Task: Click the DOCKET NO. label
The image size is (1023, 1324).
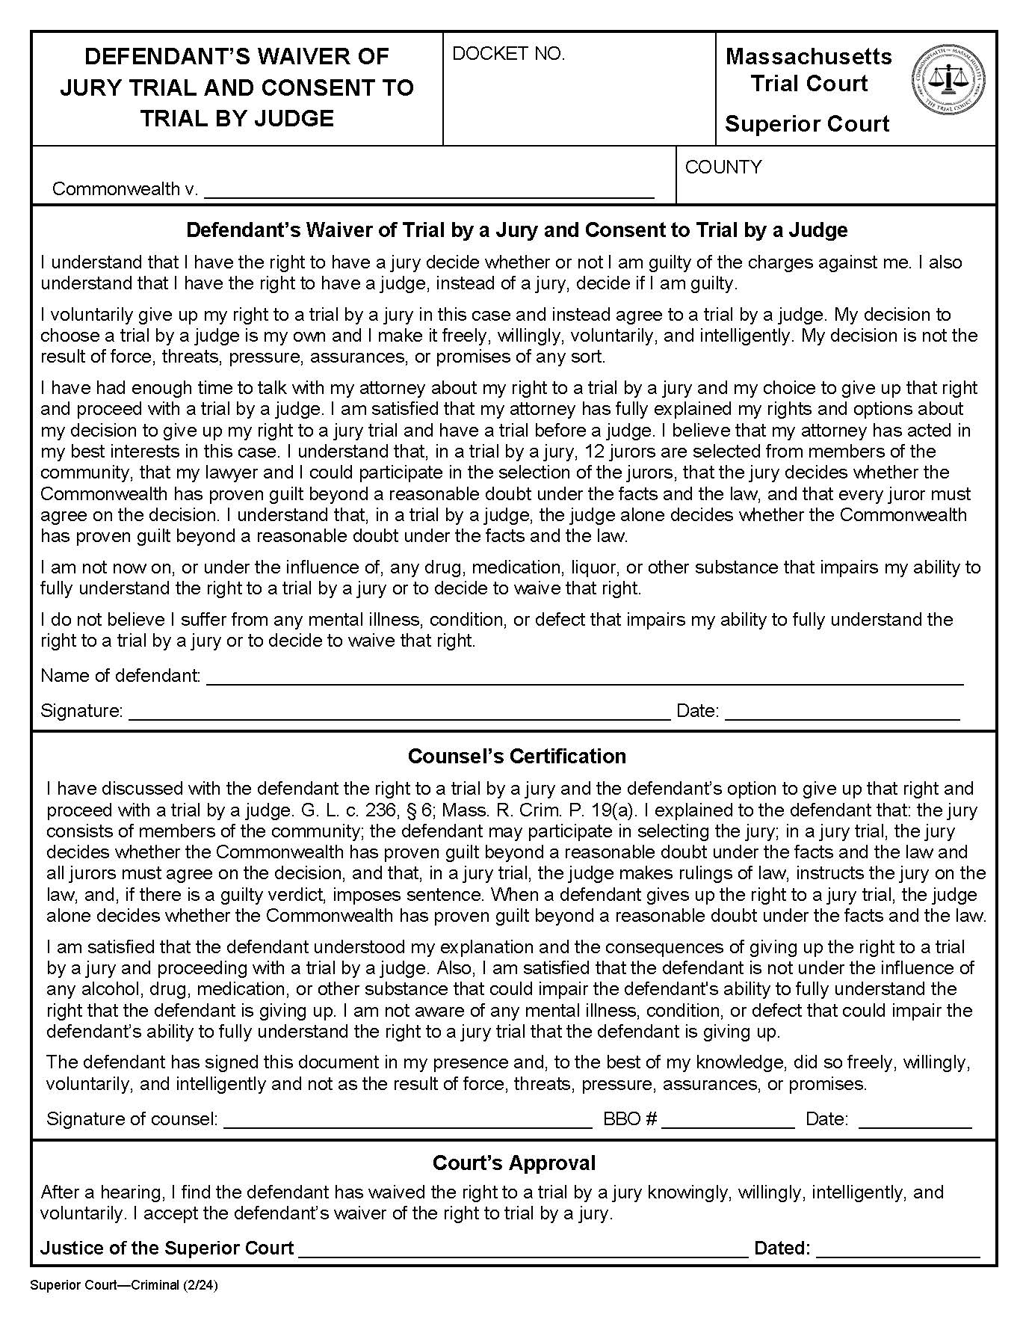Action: [509, 54]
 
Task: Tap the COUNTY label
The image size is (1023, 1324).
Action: [723, 167]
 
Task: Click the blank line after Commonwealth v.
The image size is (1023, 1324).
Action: [429, 191]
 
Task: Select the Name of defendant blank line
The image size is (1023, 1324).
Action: [584, 677]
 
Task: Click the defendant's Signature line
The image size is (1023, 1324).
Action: [399, 712]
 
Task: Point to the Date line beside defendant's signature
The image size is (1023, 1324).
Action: [841, 712]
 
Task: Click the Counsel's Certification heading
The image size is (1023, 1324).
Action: [516, 757]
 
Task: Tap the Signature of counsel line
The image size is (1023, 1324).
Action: [407, 1120]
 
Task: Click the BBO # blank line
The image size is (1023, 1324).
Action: [728, 1120]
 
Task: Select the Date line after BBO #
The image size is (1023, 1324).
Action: [915, 1120]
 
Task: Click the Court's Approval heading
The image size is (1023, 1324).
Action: [514, 1163]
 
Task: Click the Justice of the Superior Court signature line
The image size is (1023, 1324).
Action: [522, 1249]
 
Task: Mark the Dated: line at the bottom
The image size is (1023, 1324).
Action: [897, 1249]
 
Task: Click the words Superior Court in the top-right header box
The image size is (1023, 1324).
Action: [807, 124]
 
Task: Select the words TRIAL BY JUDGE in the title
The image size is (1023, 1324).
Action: [237, 119]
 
